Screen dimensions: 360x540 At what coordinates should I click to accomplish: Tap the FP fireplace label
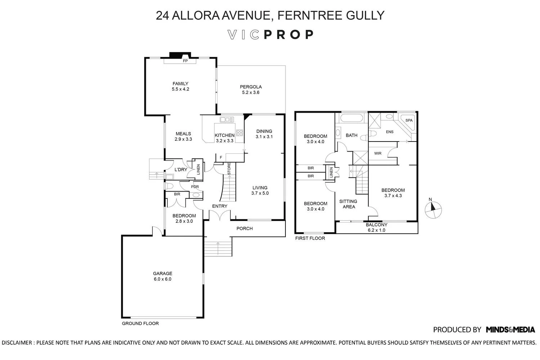[185, 61]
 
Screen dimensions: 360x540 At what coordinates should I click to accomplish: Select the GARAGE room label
[163, 274]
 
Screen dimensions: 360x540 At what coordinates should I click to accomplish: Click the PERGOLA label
[251, 87]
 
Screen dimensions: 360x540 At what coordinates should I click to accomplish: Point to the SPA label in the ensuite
[409, 120]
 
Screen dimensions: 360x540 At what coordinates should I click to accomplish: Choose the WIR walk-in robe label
[378, 153]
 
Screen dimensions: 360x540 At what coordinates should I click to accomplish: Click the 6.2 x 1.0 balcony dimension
[376, 230]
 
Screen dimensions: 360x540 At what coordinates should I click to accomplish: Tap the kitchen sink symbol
[227, 120]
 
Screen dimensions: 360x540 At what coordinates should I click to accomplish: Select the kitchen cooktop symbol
[239, 132]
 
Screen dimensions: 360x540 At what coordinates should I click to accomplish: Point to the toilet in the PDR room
[170, 186]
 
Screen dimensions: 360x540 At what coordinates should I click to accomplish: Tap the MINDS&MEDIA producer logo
[510, 329]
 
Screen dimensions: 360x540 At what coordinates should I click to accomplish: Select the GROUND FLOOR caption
[140, 323]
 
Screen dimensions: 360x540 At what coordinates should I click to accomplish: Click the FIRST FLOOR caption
[310, 238]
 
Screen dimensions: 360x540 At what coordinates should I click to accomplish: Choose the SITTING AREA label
[348, 204]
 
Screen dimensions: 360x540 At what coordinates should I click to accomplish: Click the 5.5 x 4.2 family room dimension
[180, 89]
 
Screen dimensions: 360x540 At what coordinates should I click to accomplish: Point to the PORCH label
[244, 228]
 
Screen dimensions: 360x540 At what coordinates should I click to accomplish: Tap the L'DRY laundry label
[181, 170]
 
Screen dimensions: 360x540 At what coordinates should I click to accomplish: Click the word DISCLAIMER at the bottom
[17, 343]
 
